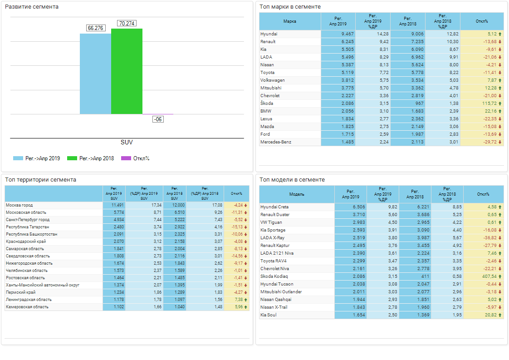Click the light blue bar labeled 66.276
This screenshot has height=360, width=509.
[x=95, y=74]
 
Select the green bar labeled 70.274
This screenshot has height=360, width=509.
[x=127, y=71]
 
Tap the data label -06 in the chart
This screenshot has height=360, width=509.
[x=158, y=119]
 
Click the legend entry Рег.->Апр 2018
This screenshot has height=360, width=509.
[x=96, y=158]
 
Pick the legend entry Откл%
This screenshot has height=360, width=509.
[x=141, y=158]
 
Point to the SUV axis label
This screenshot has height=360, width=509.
[x=127, y=142]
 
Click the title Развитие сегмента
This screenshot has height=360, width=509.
[x=32, y=7]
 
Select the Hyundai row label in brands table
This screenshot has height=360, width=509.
[x=269, y=34]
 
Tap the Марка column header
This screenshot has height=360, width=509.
[x=290, y=21]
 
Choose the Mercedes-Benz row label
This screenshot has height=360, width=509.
[x=276, y=142]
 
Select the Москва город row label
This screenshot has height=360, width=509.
[x=20, y=205]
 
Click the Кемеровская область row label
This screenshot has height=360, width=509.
[x=27, y=307]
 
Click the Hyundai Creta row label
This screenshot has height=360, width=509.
[x=274, y=207]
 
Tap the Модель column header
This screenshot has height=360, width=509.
[x=297, y=194]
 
